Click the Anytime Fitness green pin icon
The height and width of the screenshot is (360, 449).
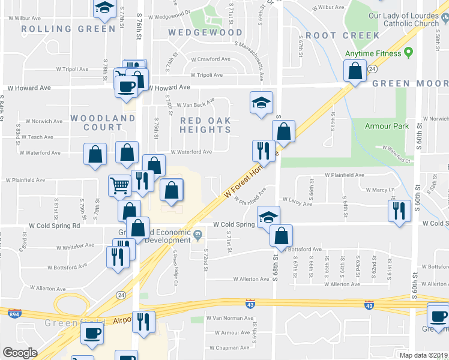[408, 52]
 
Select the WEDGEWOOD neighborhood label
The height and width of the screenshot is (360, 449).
[205, 32]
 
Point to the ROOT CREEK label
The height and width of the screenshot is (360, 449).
[343, 35]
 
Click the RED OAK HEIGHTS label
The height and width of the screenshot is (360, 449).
[206, 125]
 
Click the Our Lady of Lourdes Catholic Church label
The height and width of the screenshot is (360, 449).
[403, 19]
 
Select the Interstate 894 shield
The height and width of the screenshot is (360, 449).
[13, 313]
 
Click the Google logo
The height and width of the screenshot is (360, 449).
[20, 352]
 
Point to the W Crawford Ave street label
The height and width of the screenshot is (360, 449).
[211, 59]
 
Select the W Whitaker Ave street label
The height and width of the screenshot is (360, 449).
[71, 245]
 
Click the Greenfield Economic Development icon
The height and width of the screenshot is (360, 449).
[197, 233]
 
